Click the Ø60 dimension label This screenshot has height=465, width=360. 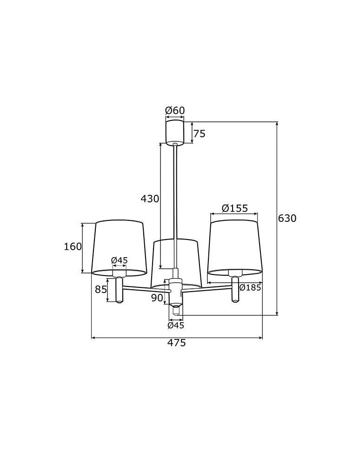click(x=175, y=110)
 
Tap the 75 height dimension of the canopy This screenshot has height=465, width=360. click(x=199, y=134)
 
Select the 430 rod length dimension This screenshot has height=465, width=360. click(x=150, y=199)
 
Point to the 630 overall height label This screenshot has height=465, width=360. click(x=287, y=218)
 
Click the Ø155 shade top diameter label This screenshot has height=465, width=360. click(x=234, y=208)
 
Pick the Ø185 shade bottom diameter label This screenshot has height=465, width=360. click(x=250, y=287)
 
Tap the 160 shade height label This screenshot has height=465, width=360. click(x=73, y=246)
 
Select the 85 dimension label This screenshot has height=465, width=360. click(x=101, y=289)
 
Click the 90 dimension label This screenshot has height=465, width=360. click(x=157, y=298)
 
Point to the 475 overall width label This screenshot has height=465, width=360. click(x=177, y=343)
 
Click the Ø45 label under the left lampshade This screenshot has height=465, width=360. click(x=120, y=260)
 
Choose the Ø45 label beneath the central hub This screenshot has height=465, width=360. click(x=176, y=325)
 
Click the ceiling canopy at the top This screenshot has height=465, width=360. click(x=175, y=133)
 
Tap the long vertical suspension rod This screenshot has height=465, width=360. click(x=175, y=205)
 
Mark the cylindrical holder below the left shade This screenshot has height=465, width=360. click(x=120, y=290)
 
